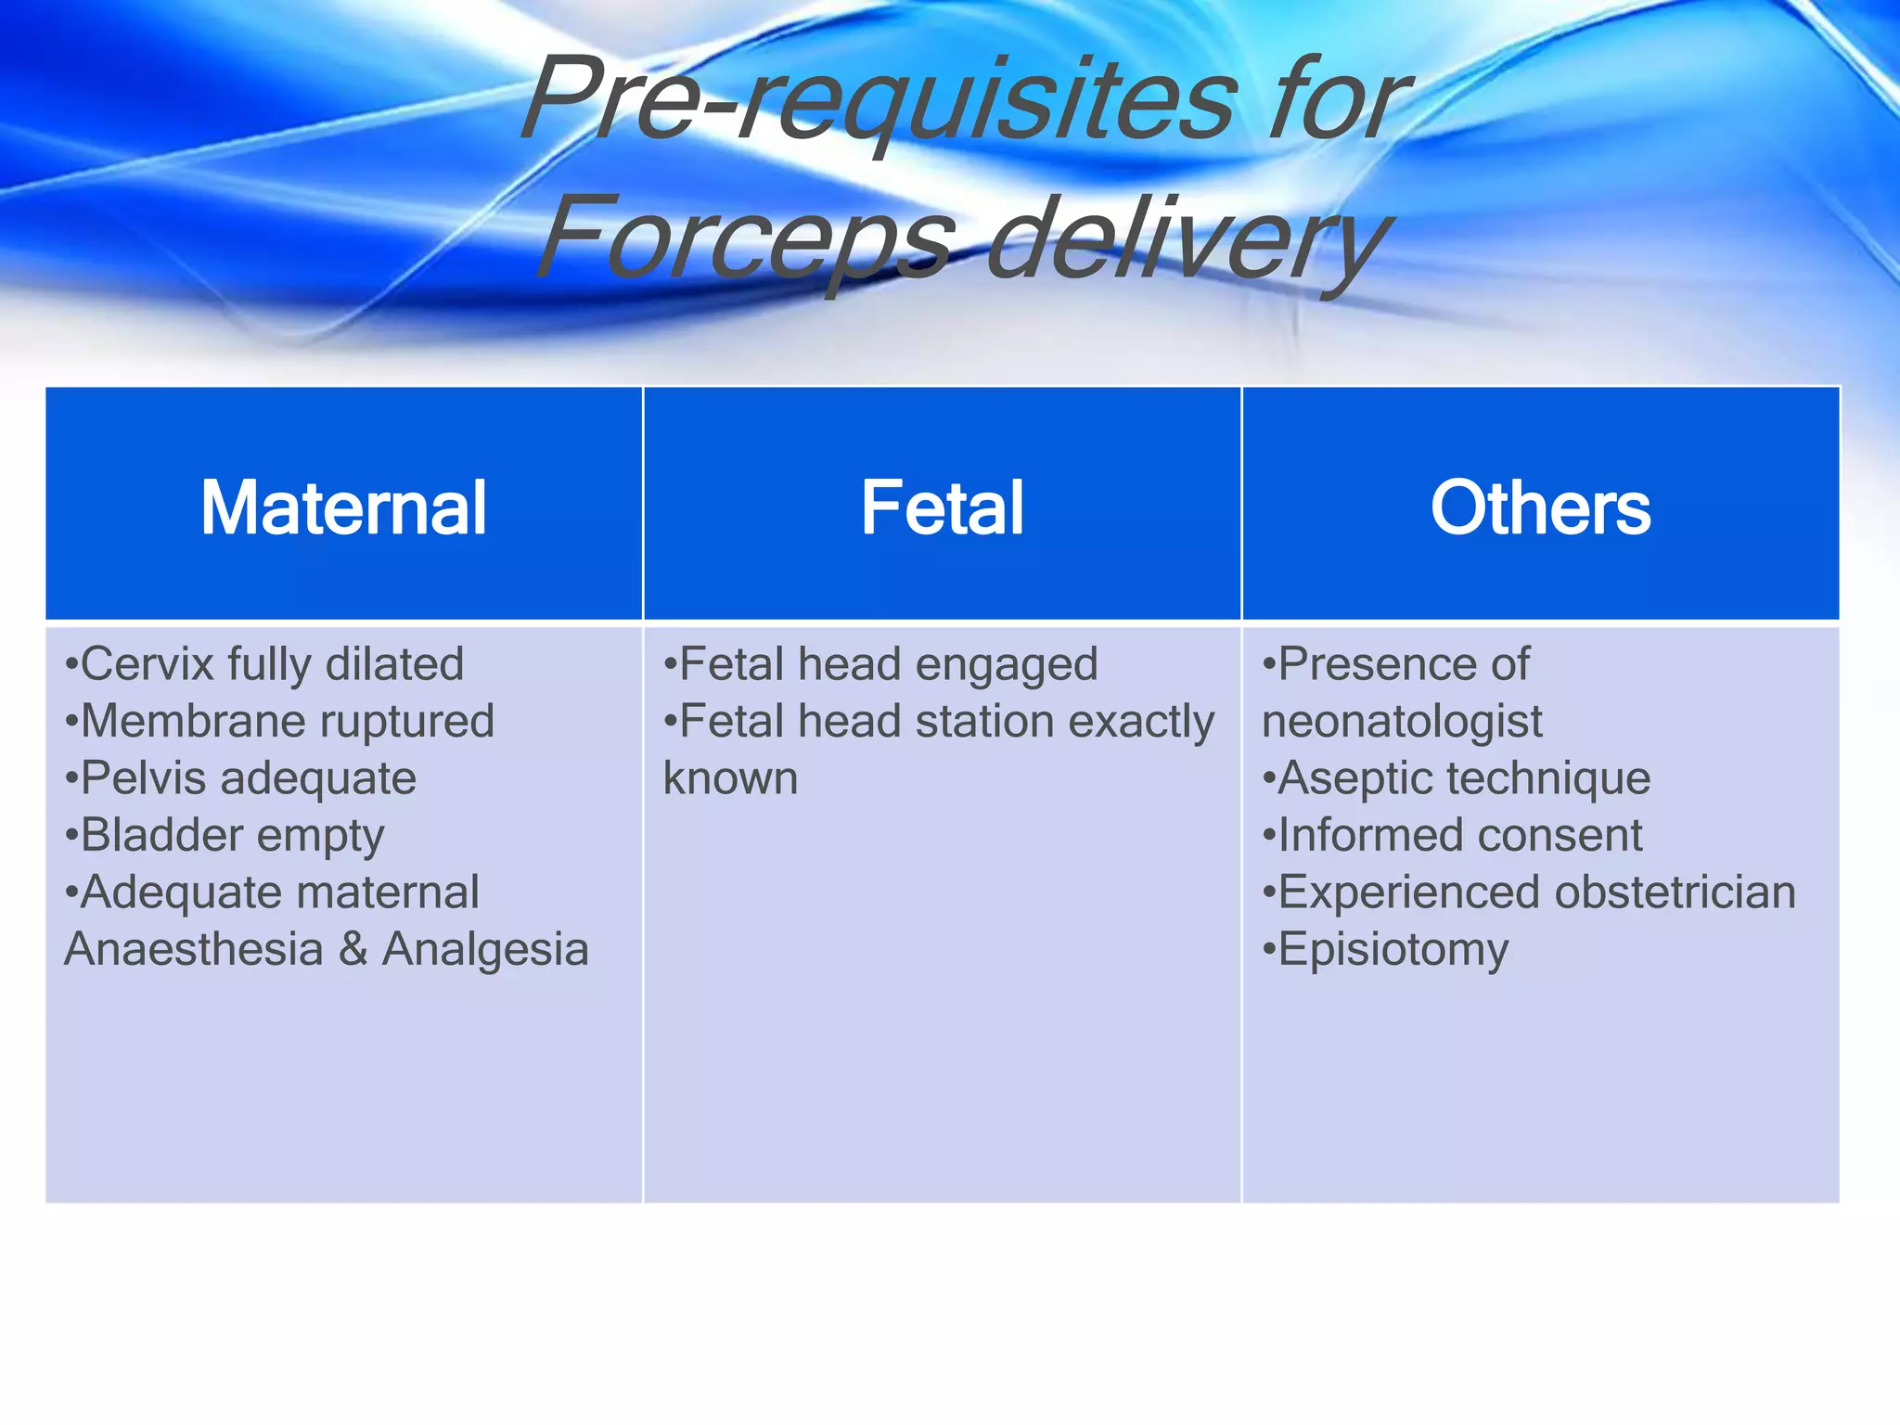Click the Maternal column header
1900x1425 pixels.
pos(343,507)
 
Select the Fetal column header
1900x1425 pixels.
pos(942,507)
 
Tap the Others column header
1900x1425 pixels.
pos(1540,507)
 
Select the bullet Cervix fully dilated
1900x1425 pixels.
pos(264,664)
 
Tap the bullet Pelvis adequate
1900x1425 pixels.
pos(241,778)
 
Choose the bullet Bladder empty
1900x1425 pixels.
pos(225,835)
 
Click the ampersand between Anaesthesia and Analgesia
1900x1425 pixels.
pos(353,949)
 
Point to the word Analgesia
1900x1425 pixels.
pos(485,949)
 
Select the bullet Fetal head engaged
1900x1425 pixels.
pos(881,664)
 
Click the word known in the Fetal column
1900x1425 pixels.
pos(730,778)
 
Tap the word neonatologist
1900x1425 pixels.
pos(1402,722)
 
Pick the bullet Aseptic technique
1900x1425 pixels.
pos(1457,778)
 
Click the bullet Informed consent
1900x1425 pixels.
pos(1453,835)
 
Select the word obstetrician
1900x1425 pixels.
pos(1675,892)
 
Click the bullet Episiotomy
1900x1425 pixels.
pos(1386,950)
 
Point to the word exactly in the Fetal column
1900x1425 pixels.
pos(1141,722)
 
